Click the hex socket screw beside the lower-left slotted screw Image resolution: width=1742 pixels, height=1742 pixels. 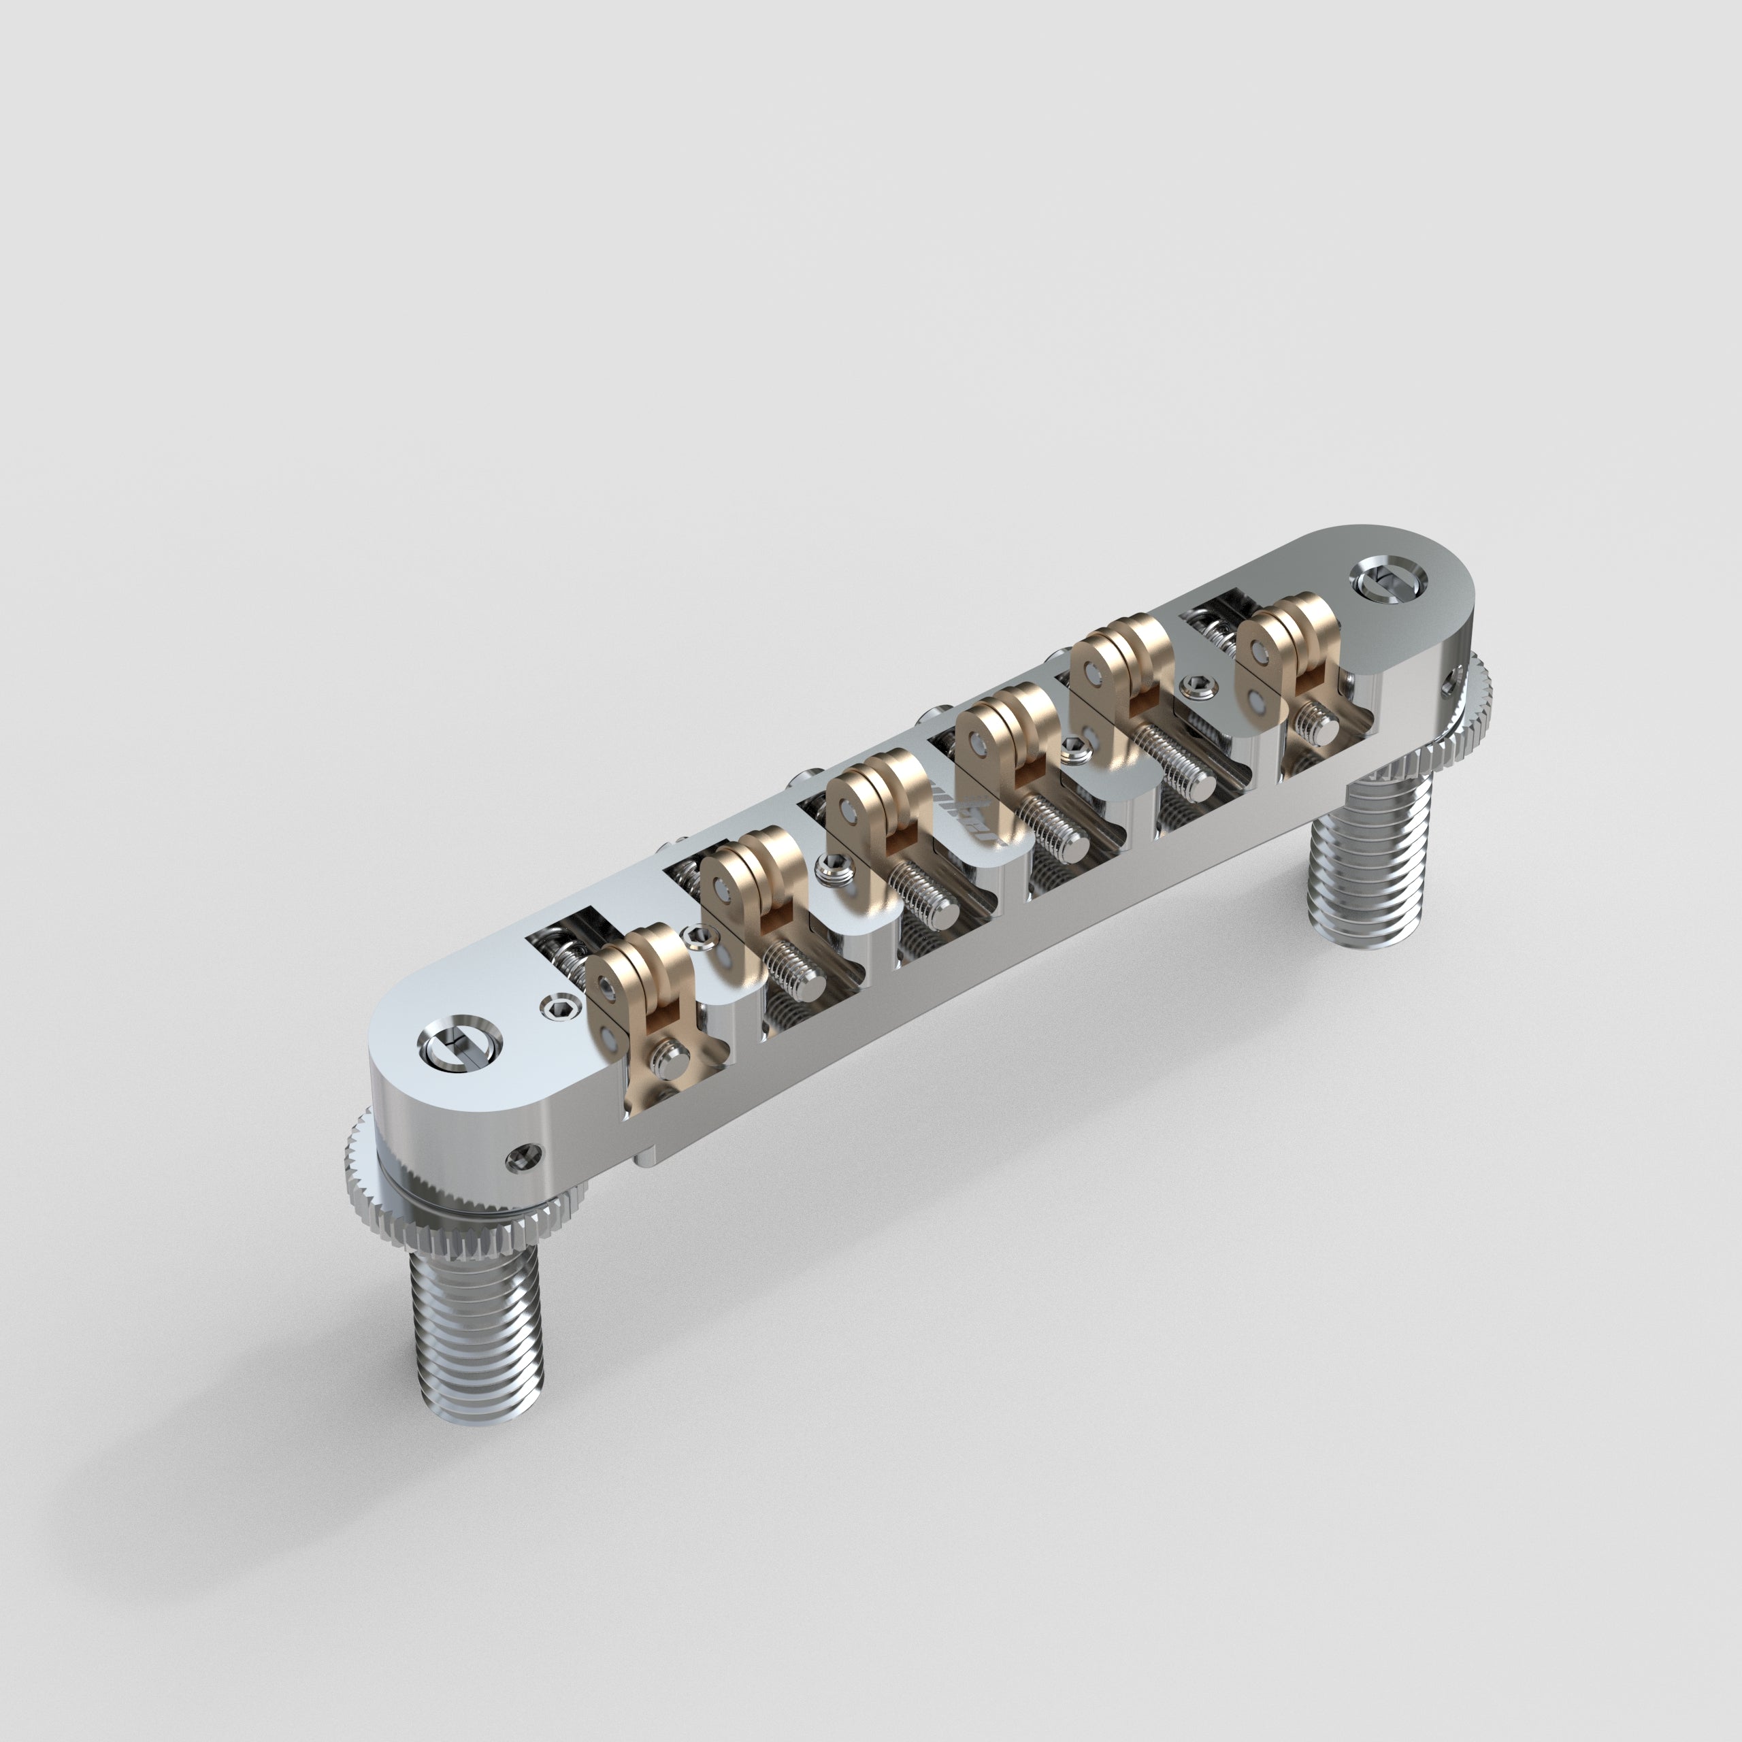(x=558, y=1006)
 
